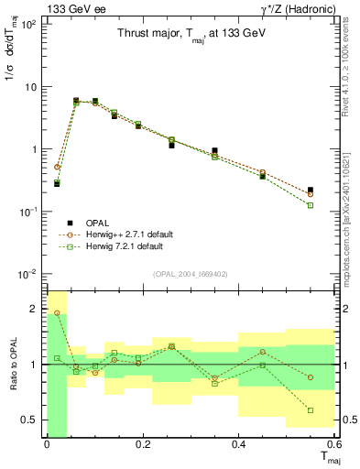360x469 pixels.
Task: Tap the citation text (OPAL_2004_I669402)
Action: click(x=191, y=272)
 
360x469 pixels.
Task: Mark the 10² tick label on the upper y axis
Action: click(x=28, y=25)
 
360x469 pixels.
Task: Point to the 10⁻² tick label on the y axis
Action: click(x=28, y=274)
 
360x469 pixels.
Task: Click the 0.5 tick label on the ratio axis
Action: click(x=30, y=420)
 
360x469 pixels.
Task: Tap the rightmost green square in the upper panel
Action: click(x=311, y=205)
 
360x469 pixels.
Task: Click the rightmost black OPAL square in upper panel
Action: click(x=311, y=190)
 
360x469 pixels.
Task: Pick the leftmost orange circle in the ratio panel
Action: click(x=57, y=313)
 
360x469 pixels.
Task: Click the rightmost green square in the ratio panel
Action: click(x=311, y=410)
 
